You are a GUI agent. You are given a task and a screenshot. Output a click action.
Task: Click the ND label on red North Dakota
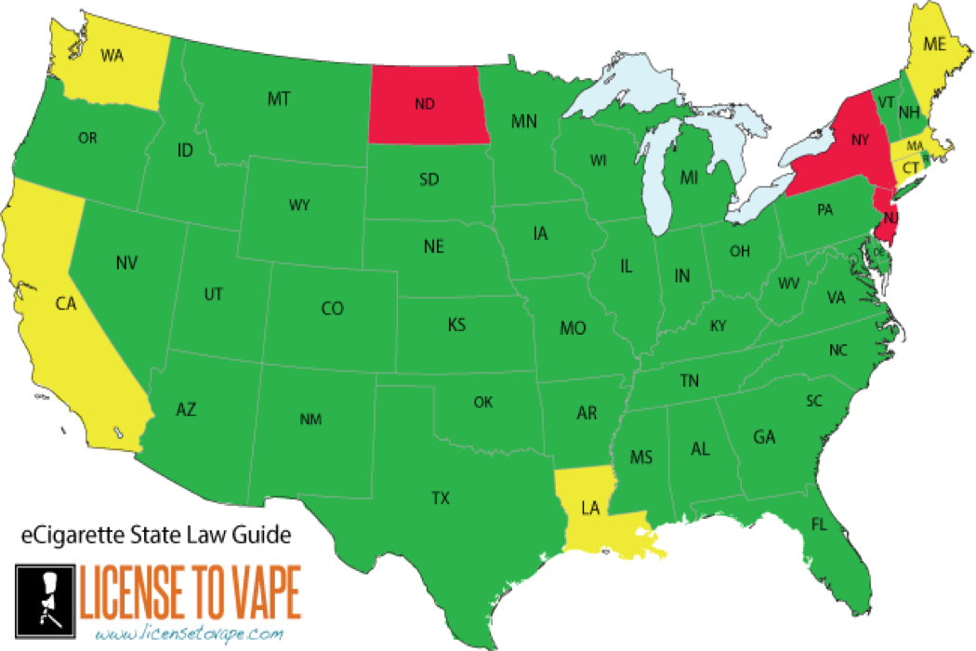click(425, 104)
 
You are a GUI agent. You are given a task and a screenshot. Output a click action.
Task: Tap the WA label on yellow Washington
click(112, 55)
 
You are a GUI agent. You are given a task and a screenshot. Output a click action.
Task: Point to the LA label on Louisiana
click(590, 508)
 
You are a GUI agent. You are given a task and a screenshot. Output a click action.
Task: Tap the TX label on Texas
click(441, 498)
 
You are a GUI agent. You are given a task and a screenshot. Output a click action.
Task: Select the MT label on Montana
click(278, 97)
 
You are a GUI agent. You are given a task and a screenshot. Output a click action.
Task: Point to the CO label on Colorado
click(332, 308)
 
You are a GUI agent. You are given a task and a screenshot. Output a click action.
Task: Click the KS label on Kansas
click(456, 325)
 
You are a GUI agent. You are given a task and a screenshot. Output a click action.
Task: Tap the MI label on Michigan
click(689, 177)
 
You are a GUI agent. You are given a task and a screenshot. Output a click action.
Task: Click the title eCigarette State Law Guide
click(156, 535)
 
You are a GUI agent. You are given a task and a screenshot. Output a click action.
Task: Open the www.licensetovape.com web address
click(188, 633)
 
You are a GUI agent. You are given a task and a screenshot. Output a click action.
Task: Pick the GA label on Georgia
click(764, 436)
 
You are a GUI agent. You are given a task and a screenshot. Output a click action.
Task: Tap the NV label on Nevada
click(127, 263)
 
